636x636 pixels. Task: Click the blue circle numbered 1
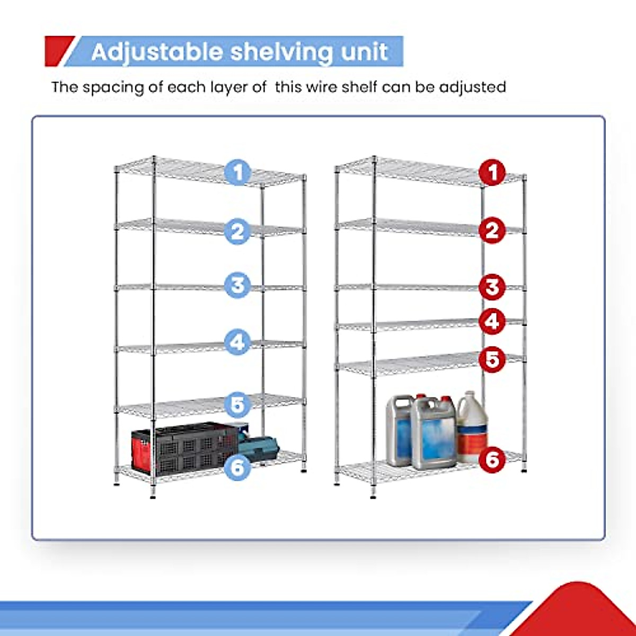pyautogui.click(x=237, y=173)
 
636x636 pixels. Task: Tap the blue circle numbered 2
pyautogui.click(x=237, y=232)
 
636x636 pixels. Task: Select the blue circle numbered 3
pyautogui.click(x=237, y=285)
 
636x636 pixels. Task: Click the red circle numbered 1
pyautogui.click(x=492, y=173)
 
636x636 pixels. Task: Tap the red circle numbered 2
pyautogui.click(x=492, y=231)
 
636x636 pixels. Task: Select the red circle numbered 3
pyautogui.click(x=492, y=287)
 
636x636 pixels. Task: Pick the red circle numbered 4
pyautogui.click(x=492, y=322)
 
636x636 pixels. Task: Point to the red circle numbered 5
pyautogui.click(x=492, y=359)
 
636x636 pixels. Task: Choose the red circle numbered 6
pyautogui.click(x=492, y=460)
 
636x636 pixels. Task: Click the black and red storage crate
pyautogui.click(x=183, y=448)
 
